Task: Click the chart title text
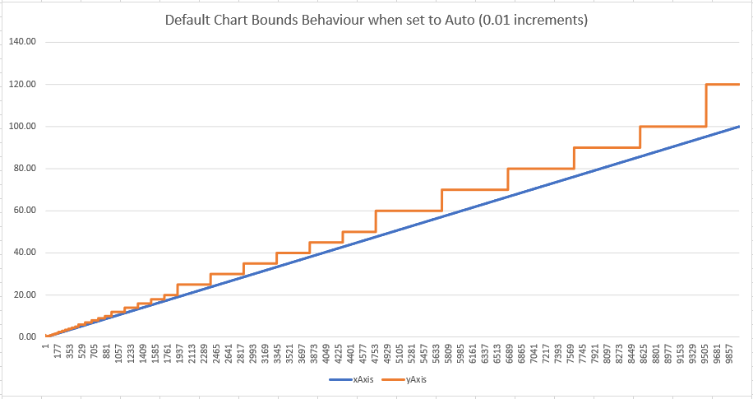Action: coord(376,20)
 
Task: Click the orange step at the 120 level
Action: coord(723,85)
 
